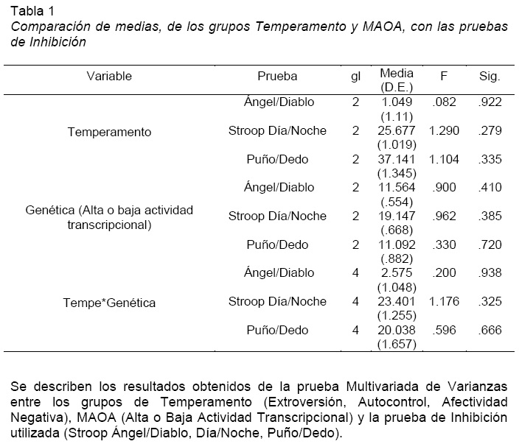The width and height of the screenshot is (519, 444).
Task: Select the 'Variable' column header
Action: [109, 76]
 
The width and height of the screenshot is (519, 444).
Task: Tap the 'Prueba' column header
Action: [277, 76]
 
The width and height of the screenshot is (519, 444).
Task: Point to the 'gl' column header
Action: [355, 76]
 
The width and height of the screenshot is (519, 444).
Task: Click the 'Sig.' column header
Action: [490, 76]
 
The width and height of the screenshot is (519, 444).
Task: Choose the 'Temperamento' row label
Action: [109, 132]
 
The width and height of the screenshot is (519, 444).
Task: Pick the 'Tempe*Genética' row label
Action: [109, 302]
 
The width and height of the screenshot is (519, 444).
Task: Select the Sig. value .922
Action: [490, 102]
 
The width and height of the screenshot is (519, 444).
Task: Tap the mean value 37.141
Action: [397, 159]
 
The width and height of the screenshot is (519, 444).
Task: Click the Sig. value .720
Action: [490, 244]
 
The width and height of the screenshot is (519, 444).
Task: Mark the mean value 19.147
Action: [397, 216]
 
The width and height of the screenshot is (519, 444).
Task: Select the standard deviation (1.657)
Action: [397, 344]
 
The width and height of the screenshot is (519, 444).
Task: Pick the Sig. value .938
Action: [490, 272]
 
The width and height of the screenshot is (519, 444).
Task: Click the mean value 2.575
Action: [397, 272]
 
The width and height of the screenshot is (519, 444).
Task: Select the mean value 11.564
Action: [397, 188]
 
